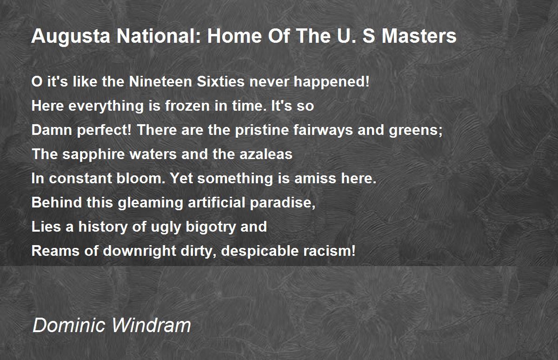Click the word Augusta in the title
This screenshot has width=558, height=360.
click(71, 36)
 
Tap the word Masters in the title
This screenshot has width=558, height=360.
click(419, 36)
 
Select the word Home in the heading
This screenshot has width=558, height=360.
click(234, 36)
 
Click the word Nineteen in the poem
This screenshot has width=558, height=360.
click(161, 81)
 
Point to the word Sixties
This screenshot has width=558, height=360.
click(221, 81)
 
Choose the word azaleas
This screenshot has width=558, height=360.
click(266, 154)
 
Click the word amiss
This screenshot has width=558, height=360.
click(315, 178)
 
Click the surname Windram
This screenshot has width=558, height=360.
click(151, 325)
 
